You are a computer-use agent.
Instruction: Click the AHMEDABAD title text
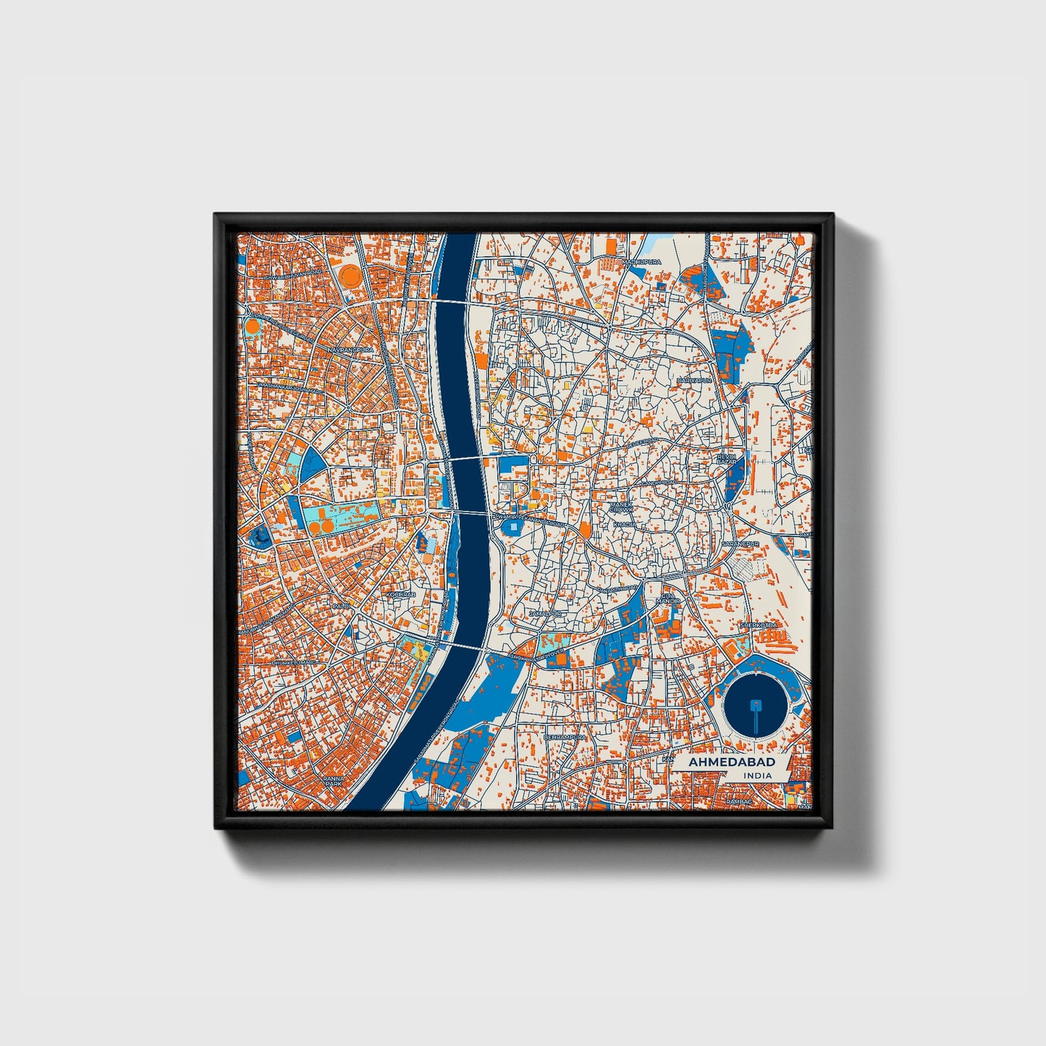pos(731,762)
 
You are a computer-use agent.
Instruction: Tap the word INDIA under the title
pos(756,775)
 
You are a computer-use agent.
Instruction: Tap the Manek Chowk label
pos(621,507)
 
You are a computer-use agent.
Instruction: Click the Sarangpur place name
pos(740,543)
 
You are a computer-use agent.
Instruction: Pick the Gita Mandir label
pos(667,599)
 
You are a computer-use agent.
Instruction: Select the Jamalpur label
pos(544,613)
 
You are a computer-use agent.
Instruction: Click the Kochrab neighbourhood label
pos(400,594)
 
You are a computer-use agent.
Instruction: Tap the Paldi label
pos(340,605)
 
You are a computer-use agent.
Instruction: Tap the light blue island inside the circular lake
pos(756,703)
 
